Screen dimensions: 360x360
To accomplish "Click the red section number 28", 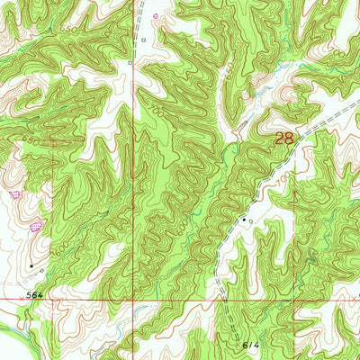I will click(x=283, y=139).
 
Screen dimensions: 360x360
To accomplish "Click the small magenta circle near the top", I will click(x=155, y=15).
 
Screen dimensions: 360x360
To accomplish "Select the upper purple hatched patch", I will click(x=13, y=193).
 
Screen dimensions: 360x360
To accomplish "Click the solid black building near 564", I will click(x=31, y=265).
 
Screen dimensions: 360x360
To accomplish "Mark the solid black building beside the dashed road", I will click(x=242, y=219).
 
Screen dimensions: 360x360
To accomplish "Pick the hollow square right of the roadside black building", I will click(x=251, y=219).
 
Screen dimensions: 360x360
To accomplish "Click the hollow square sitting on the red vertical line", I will click(x=131, y=64).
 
